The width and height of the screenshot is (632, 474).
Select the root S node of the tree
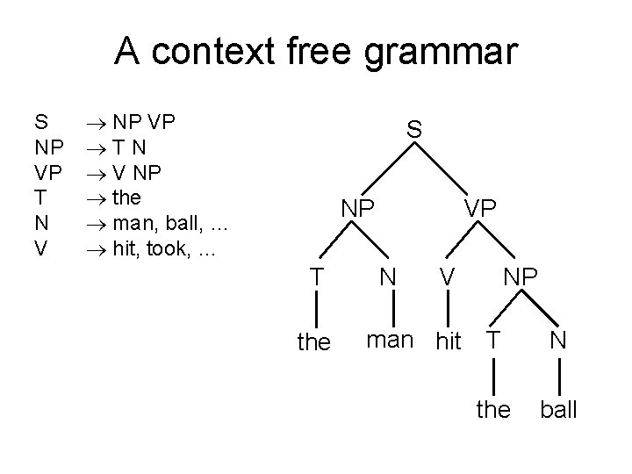[414, 129]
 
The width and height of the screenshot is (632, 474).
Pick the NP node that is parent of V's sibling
[521, 277]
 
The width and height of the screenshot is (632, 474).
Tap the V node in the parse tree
[448, 277]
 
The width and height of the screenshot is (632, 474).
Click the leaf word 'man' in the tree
[390, 340]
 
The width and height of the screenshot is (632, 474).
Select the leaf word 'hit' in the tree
[448, 341]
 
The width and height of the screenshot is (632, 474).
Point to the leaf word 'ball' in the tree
[558, 408]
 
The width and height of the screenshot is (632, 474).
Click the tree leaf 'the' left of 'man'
[314, 341]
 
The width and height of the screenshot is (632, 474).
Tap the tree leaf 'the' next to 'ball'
[492, 408]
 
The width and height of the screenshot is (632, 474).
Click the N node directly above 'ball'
[557, 341]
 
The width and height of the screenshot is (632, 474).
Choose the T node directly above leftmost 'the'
[314, 277]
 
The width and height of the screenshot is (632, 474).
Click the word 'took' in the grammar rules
[174, 249]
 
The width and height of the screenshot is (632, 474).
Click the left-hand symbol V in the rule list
[39, 249]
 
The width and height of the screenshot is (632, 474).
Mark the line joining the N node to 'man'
[387, 308]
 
